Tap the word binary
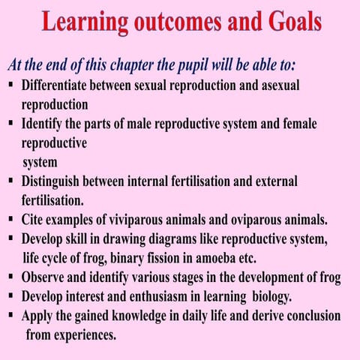(x=127, y=258)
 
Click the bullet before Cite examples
(x=12, y=220)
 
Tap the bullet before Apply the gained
(x=12, y=316)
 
